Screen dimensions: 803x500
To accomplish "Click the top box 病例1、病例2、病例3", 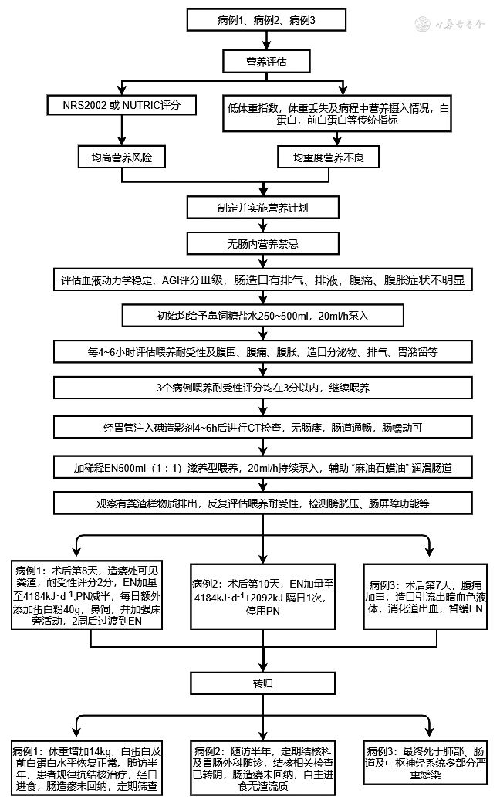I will pos(267,19).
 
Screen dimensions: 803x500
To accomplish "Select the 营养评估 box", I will pos(267,59).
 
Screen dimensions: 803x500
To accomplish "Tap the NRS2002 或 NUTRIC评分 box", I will pos(123,103).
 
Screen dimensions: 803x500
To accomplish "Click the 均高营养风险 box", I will pos(123,158).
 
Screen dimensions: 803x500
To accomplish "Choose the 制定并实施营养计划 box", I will pos(263,208).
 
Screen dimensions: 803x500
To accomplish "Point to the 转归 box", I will pos(263,684).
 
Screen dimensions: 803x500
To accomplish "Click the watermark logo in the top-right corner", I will pos(454,24).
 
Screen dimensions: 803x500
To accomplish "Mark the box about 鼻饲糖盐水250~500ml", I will pos(263,316).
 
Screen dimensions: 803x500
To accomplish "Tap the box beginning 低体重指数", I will pos(335,114).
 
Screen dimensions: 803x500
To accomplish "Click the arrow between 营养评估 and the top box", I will pos(267,40).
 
